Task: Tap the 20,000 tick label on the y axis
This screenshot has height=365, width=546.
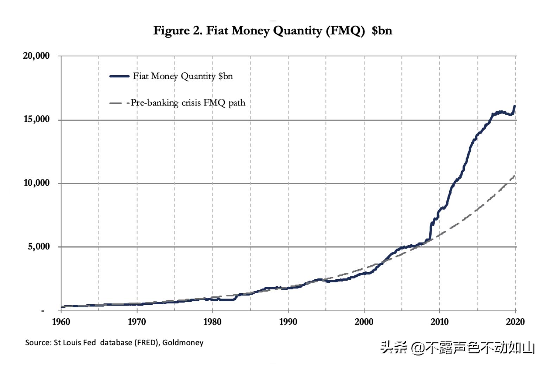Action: (x=36, y=56)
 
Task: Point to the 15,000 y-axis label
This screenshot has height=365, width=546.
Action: (x=36, y=119)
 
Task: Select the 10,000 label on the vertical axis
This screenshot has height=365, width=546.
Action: (x=36, y=183)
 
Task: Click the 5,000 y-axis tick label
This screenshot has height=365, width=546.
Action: (x=39, y=246)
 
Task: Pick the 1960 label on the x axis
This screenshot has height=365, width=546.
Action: (x=61, y=322)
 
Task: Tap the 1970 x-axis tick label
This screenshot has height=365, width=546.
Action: (x=136, y=322)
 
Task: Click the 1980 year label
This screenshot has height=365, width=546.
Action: (x=212, y=322)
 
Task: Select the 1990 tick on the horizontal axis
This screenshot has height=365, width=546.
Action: (x=288, y=322)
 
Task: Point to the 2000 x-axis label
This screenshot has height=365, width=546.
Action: (x=364, y=322)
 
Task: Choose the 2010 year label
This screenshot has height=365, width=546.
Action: (x=439, y=322)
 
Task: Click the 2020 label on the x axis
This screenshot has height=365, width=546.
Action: (x=515, y=322)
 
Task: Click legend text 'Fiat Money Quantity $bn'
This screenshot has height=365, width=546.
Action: (x=183, y=76)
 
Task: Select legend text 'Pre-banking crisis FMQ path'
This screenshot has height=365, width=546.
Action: (x=188, y=103)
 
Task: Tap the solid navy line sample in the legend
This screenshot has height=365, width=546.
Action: (x=119, y=76)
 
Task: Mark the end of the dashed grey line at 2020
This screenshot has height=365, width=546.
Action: (x=515, y=176)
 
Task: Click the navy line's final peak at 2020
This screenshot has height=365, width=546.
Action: (x=515, y=106)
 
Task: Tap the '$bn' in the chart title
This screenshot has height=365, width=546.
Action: (x=382, y=31)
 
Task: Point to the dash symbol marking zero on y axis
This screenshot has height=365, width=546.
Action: (x=43, y=311)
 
